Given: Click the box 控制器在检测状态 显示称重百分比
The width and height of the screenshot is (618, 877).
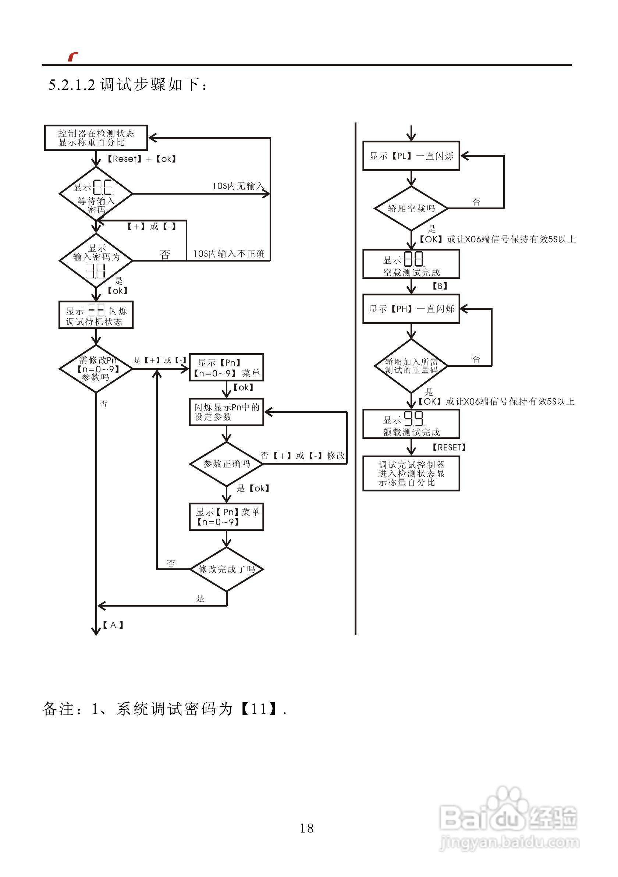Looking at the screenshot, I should pos(96,138).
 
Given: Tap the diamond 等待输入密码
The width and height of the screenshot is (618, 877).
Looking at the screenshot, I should pos(96,194).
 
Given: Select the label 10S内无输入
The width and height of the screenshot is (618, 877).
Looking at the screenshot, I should pos(238,186).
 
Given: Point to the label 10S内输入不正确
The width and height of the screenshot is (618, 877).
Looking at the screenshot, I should pos(228,253).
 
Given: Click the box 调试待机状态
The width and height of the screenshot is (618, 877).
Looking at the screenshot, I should pos(96,315).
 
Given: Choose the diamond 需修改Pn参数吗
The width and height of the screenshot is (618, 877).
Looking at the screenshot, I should pos(96,369).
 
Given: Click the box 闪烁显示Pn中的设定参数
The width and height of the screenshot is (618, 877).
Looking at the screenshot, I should pos(227,412).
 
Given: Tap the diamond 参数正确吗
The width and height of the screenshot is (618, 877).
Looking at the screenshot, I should pos(227,464).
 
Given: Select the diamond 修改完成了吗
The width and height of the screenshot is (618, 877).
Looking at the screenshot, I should pos(227,569).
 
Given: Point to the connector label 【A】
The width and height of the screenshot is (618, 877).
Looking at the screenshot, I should pos(113,625).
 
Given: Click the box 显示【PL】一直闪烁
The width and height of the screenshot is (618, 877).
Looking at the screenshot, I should pos(411,156).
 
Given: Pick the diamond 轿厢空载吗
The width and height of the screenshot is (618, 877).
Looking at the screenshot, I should pos(411,209).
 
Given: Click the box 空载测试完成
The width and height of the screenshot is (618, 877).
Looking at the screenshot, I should pos(411,264).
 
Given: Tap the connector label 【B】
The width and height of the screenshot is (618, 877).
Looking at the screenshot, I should pos(440,286).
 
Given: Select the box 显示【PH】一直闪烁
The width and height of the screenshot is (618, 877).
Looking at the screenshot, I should pos(411,309).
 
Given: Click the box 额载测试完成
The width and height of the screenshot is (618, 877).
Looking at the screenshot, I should pos(411,424).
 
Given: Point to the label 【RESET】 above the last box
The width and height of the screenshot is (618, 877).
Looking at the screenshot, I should pos(449,447).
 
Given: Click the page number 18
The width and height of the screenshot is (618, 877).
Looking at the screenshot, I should pos(307,828).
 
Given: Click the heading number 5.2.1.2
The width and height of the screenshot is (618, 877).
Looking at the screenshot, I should pos(72,84).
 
